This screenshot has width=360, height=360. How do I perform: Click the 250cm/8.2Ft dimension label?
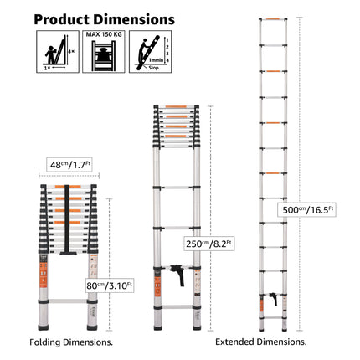tap(210, 244)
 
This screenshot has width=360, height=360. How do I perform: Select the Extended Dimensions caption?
tap(260, 342)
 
